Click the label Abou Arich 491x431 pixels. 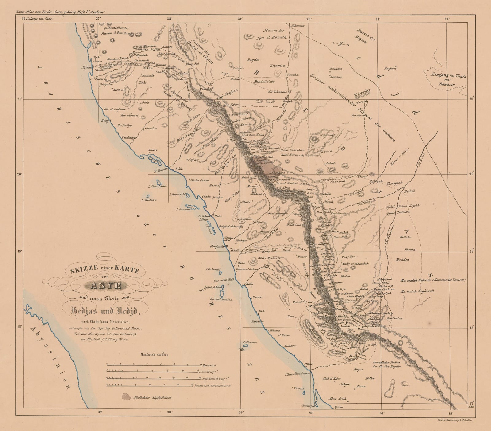coord(337,399)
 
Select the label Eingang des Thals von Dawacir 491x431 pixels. coord(449,79)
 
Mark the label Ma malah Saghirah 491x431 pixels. coord(417,291)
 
